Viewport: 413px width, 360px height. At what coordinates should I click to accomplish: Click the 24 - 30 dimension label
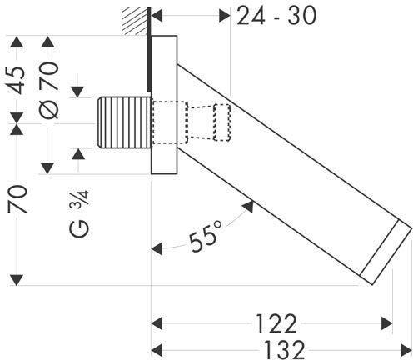(276, 16)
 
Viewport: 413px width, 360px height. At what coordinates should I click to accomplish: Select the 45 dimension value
(17, 80)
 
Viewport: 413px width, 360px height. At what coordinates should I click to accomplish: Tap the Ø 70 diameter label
(49, 90)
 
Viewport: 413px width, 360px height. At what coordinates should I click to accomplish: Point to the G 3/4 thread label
(79, 213)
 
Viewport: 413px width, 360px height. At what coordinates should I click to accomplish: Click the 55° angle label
(206, 236)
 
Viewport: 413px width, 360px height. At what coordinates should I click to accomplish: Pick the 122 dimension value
(276, 323)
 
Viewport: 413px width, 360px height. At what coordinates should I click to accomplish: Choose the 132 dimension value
(284, 350)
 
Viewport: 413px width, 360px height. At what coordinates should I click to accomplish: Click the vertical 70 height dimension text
(17, 199)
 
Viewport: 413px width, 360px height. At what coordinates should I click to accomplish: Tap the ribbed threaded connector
(124, 122)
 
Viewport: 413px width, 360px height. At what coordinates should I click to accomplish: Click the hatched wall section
(135, 21)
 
